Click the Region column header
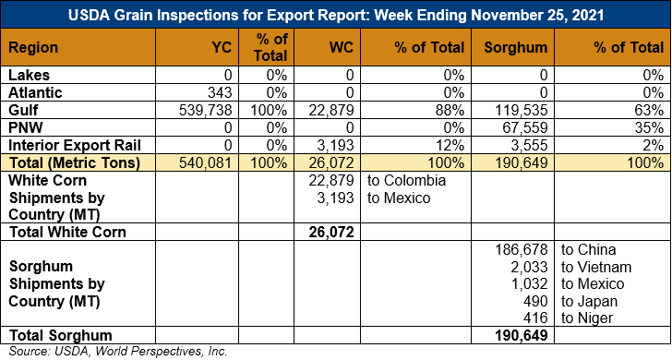click(33, 47)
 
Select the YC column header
click(222, 47)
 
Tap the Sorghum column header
click(516, 47)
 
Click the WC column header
click(342, 47)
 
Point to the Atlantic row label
click(35, 92)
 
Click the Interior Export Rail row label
click(75, 145)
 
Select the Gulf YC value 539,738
click(205, 110)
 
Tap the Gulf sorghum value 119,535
click(522, 110)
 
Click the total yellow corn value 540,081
click(205, 162)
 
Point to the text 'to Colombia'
click(406, 180)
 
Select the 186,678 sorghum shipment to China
click(522, 249)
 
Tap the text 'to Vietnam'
click(596, 267)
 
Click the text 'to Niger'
click(587, 318)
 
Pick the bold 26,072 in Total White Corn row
click(330, 232)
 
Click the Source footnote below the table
click(118, 352)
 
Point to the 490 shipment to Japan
click(535, 301)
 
